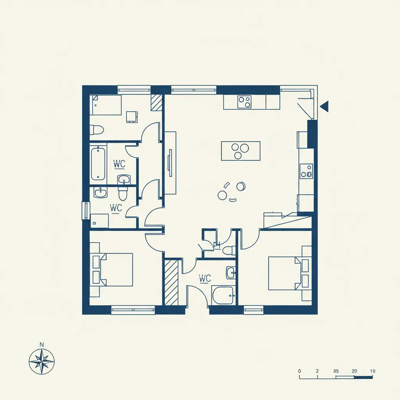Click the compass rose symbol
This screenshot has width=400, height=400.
pyautogui.click(x=41, y=361)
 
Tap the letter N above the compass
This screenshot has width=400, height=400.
pyautogui.click(x=41, y=345)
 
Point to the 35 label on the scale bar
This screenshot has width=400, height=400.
pyautogui.click(x=336, y=371)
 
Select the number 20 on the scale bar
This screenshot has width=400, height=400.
pyautogui.click(x=354, y=371)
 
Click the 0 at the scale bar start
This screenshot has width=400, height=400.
pyautogui.click(x=300, y=371)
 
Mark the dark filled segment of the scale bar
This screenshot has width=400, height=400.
pyautogui.click(x=363, y=377)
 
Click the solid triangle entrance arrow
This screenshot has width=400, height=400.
pyautogui.click(x=324, y=106)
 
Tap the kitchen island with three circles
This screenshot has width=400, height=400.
pyautogui.click(x=241, y=151)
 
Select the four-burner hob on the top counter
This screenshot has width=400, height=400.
pyautogui.click(x=245, y=102)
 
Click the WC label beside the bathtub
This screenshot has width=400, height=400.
pyautogui.click(x=120, y=164)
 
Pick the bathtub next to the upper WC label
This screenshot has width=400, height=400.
pyautogui.click(x=98, y=164)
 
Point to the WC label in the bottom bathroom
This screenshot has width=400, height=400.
pyautogui.click(x=205, y=278)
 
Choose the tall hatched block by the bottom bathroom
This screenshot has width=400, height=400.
pyautogui.click(x=171, y=282)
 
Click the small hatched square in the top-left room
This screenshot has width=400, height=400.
pyautogui.click(x=157, y=103)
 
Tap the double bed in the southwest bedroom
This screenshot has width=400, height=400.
pyautogui.click(x=116, y=270)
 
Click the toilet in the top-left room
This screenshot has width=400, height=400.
pyautogui.click(x=97, y=130)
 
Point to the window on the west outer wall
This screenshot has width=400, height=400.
pyautogui.click(x=86, y=211)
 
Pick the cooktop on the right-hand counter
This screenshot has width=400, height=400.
pyautogui.click(x=306, y=171)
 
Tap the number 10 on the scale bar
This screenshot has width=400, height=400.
pyautogui.click(x=373, y=371)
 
